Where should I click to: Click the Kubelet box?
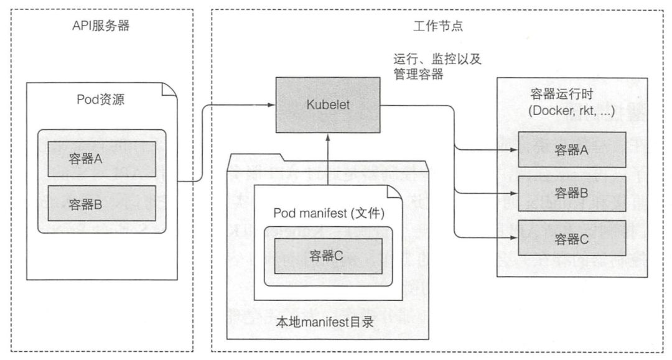[328, 105]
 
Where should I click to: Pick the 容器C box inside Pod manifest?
[329, 257]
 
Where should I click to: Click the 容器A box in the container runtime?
[571, 150]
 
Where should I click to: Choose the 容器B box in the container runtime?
[571, 193]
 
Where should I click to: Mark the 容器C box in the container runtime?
[571, 237]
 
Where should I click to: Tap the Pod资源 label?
[101, 99]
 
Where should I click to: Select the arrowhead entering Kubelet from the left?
[272, 105]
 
